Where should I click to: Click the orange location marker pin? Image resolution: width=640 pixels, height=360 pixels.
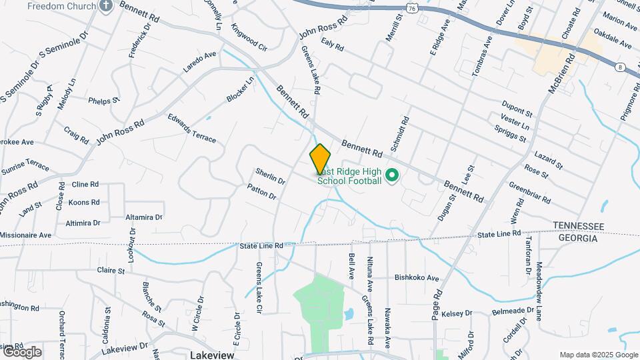coord(320,159)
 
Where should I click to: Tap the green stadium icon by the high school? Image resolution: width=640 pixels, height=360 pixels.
coord(392,176)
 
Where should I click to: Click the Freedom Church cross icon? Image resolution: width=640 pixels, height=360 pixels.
coord(106,6)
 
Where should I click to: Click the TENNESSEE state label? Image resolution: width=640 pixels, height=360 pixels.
coord(577,227)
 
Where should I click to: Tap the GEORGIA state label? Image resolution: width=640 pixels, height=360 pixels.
coord(577,238)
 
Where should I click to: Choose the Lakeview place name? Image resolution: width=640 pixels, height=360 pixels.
coord(212,355)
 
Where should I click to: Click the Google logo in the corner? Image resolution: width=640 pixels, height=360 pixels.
coord(22,352)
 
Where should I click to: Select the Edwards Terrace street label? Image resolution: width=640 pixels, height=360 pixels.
coord(192,129)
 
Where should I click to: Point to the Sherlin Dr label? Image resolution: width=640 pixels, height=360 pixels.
coord(270,176)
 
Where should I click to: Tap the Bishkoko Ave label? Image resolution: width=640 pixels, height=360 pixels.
coord(417,277)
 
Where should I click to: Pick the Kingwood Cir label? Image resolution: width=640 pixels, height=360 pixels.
coord(249,38)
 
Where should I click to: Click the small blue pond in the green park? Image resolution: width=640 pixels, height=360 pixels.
coord(348,313)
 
